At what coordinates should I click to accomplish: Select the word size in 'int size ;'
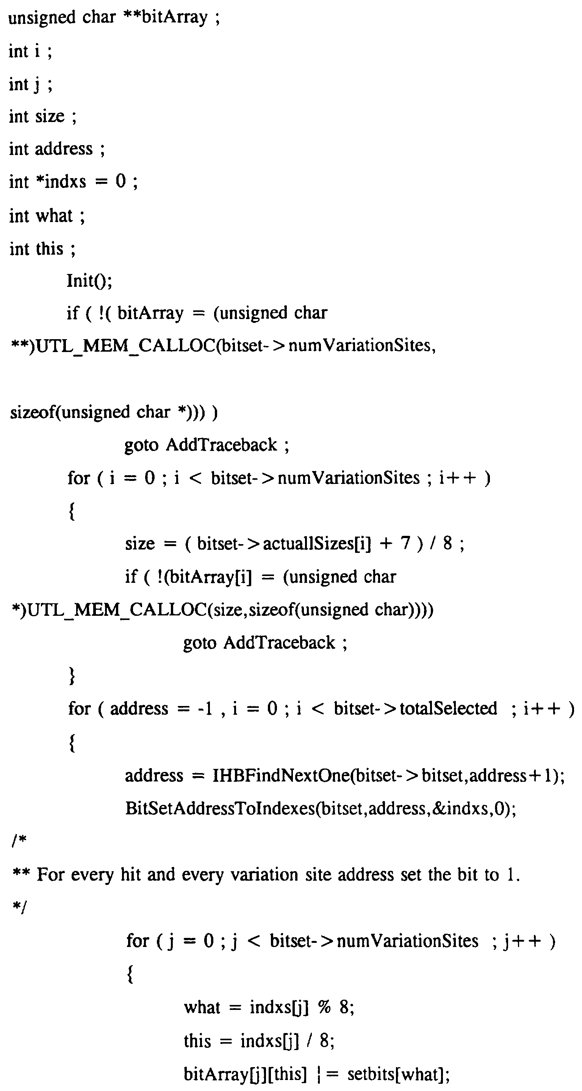pyautogui.click(x=50, y=116)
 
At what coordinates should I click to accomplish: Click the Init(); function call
pyautogui.click(x=89, y=281)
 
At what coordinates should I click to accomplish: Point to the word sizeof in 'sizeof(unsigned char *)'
pyautogui.click(x=33, y=412)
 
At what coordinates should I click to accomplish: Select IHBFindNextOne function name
pyautogui.click(x=281, y=775)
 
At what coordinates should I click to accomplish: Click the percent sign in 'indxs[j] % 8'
pyautogui.click(x=324, y=1007)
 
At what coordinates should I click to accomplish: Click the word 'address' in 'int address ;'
pyautogui.click(x=64, y=149)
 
